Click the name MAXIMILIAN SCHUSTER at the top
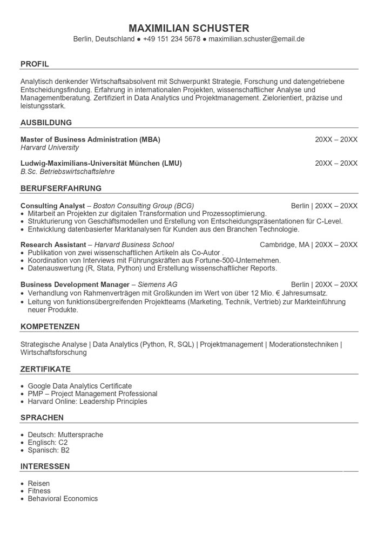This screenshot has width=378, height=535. (189, 28)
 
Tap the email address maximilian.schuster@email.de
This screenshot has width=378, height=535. (256, 39)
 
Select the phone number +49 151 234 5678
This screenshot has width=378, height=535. (172, 39)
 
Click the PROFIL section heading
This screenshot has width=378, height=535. (35, 64)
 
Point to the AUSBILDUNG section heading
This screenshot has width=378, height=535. (46, 123)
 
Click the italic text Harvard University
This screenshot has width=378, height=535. (50, 148)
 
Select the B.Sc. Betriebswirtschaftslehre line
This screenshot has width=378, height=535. (67, 172)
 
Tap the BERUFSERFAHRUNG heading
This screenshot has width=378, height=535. (61, 188)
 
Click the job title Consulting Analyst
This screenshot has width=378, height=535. (53, 206)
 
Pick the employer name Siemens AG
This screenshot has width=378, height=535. (158, 285)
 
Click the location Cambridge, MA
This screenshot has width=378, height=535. (285, 245)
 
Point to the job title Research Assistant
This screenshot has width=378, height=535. (53, 245)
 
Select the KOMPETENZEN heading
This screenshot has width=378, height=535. (50, 327)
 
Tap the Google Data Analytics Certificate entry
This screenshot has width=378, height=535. (80, 386)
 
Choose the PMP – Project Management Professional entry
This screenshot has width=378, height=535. (92, 394)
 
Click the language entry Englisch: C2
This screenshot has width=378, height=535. (48, 443)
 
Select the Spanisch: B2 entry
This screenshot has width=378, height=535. (49, 450)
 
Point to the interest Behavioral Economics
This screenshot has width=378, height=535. (63, 499)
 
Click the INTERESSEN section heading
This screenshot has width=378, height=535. (45, 466)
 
